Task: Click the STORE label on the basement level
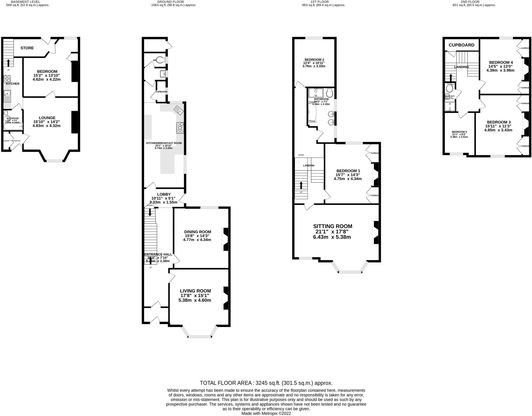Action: coord(27,48)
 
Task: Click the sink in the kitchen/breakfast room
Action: coord(179,110)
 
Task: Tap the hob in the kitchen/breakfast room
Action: coord(180,128)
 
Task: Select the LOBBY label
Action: coord(164,194)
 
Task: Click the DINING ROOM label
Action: coord(197,232)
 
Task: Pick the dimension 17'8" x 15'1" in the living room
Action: coord(195,296)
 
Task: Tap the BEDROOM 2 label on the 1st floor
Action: coord(314,60)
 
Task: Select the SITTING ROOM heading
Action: coord(332,226)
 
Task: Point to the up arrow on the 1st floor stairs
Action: coord(301,185)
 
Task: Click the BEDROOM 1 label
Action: coord(348,171)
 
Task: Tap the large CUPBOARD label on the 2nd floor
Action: coord(461,45)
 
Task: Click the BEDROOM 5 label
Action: coord(459,132)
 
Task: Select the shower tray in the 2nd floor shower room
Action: coord(450,106)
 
